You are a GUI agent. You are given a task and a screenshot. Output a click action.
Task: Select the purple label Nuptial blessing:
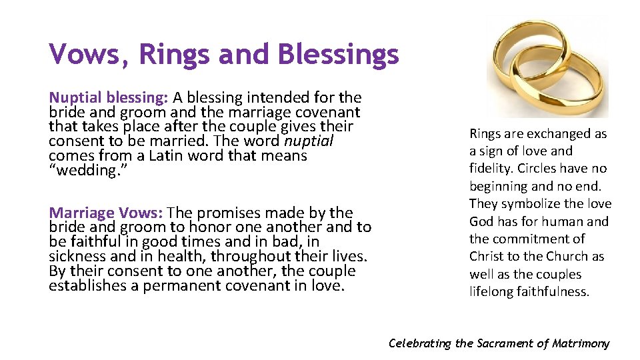(108, 97)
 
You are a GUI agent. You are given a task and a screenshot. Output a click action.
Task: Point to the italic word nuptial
(309, 141)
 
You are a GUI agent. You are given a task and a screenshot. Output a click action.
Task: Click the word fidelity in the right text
(489, 169)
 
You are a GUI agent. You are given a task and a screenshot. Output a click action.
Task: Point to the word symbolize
(531, 203)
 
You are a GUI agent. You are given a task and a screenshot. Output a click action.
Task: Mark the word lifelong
(490, 291)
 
